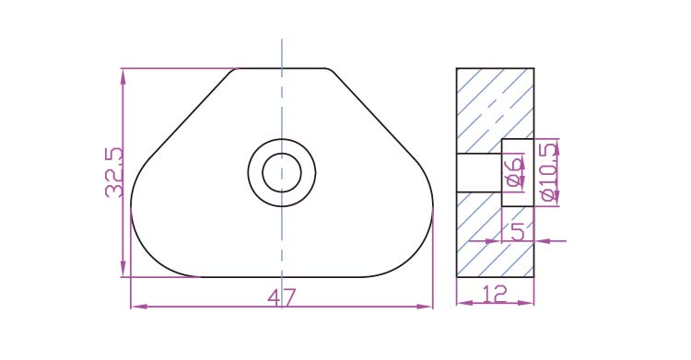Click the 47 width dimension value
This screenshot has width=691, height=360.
pos(281,297)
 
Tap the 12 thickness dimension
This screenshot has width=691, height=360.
pos(496,294)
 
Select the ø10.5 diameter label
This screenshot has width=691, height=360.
pos(550,172)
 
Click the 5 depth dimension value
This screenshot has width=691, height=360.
pos(518,231)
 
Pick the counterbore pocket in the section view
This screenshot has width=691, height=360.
pos(518,172)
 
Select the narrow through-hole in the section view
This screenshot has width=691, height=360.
pos(479,173)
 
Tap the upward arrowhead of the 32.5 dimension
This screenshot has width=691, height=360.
pos(123,76)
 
